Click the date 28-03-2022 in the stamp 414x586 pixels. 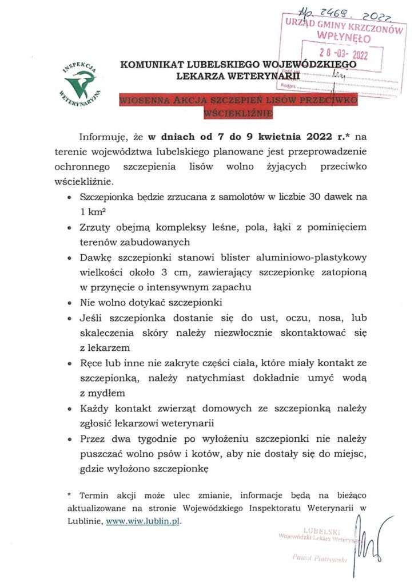[x=343, y=55]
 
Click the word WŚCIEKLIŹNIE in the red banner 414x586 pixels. [x=238, y=113]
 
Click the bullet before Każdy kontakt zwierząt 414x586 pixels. [x=70, y=410]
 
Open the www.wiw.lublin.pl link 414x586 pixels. [x=146, y=521]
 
